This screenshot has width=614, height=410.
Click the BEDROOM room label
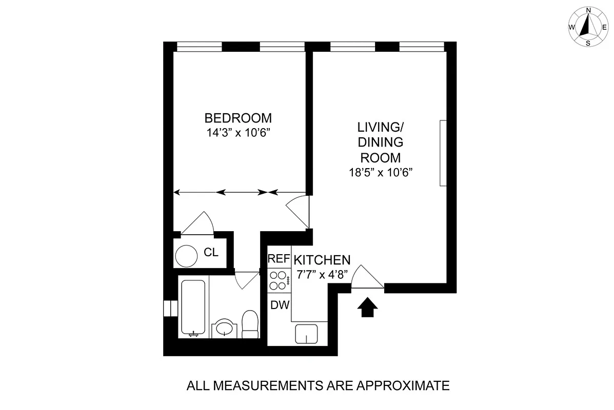238,118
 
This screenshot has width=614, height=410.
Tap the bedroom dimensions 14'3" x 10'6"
237,133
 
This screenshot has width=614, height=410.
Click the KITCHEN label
322,260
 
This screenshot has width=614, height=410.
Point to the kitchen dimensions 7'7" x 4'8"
322,275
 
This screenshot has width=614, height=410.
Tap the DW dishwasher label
280,305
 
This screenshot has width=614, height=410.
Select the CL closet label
211,252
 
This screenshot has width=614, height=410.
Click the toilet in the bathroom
250,324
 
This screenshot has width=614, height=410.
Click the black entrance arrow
367,307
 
